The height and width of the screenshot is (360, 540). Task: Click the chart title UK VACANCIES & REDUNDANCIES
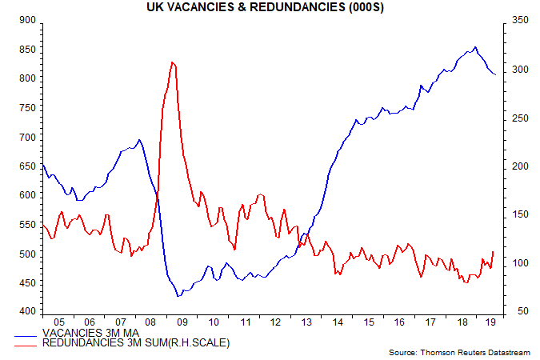tap(269, 7)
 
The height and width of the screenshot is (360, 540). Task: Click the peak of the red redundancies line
tap(173, 62)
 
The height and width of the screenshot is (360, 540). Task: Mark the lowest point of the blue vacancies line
tap(178, 296)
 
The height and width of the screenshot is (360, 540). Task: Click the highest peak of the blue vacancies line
tap(476, 47)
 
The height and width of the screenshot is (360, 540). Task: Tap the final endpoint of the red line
tap(494, 251)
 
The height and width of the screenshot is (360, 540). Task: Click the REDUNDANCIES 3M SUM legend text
tap(136, 343)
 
